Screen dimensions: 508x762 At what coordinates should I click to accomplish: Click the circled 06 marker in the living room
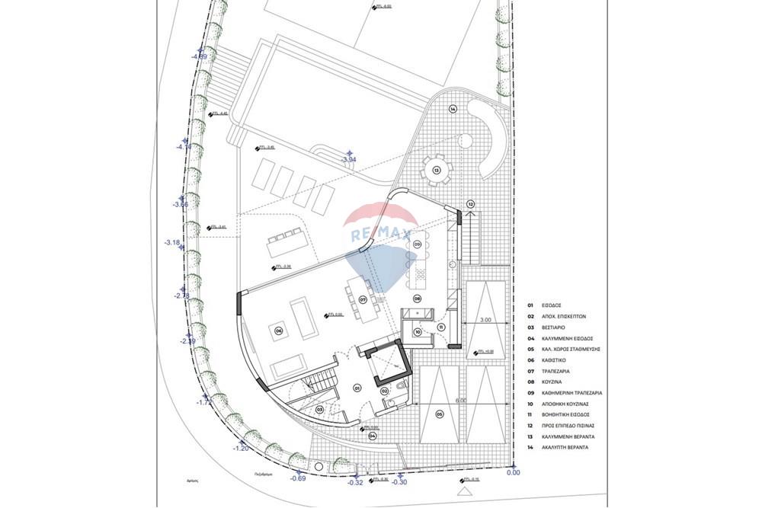(279, 331)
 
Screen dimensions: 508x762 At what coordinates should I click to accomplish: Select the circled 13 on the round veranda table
(437, 171)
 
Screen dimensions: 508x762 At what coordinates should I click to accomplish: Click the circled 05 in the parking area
(439, 414)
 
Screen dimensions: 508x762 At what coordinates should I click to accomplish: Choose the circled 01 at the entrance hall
(356, 387)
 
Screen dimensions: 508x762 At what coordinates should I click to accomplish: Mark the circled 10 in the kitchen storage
(418, 331)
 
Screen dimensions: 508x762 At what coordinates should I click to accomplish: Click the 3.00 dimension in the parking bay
(485, 320)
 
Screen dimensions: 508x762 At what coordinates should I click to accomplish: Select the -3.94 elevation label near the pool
(349, 160)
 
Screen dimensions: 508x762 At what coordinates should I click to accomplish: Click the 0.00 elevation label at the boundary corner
(514, 472)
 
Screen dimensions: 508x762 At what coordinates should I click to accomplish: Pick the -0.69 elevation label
(298, 478)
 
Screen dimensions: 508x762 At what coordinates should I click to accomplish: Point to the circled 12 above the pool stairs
(470, 204)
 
